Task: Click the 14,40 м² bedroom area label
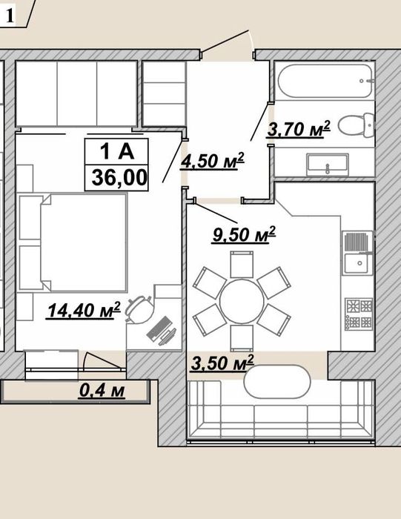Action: (x=84, y=310)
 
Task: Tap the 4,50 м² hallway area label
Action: (x=212, y=161)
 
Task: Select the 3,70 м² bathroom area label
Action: (x=299, y=128)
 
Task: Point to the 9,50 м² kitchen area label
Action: (x=244, y=234)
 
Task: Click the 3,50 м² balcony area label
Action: (x=222, y=363)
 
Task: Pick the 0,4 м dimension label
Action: (x=102, y=390)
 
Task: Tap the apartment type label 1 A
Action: (x=117, y=151)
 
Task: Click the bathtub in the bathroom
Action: (x=325, y=81)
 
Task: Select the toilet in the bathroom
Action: (x=356, y=126)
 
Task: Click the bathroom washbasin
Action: (x=328, y=165)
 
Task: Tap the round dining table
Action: (x=242, y=301)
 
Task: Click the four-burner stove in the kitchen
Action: (x=359, y=314)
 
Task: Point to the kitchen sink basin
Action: (x=358, y=263)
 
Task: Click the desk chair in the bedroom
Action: (x=139, y=309)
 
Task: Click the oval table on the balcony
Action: (x=277, y=382)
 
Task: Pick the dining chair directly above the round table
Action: (x=242, y=264)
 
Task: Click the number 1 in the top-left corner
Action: (x=10, y=15)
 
